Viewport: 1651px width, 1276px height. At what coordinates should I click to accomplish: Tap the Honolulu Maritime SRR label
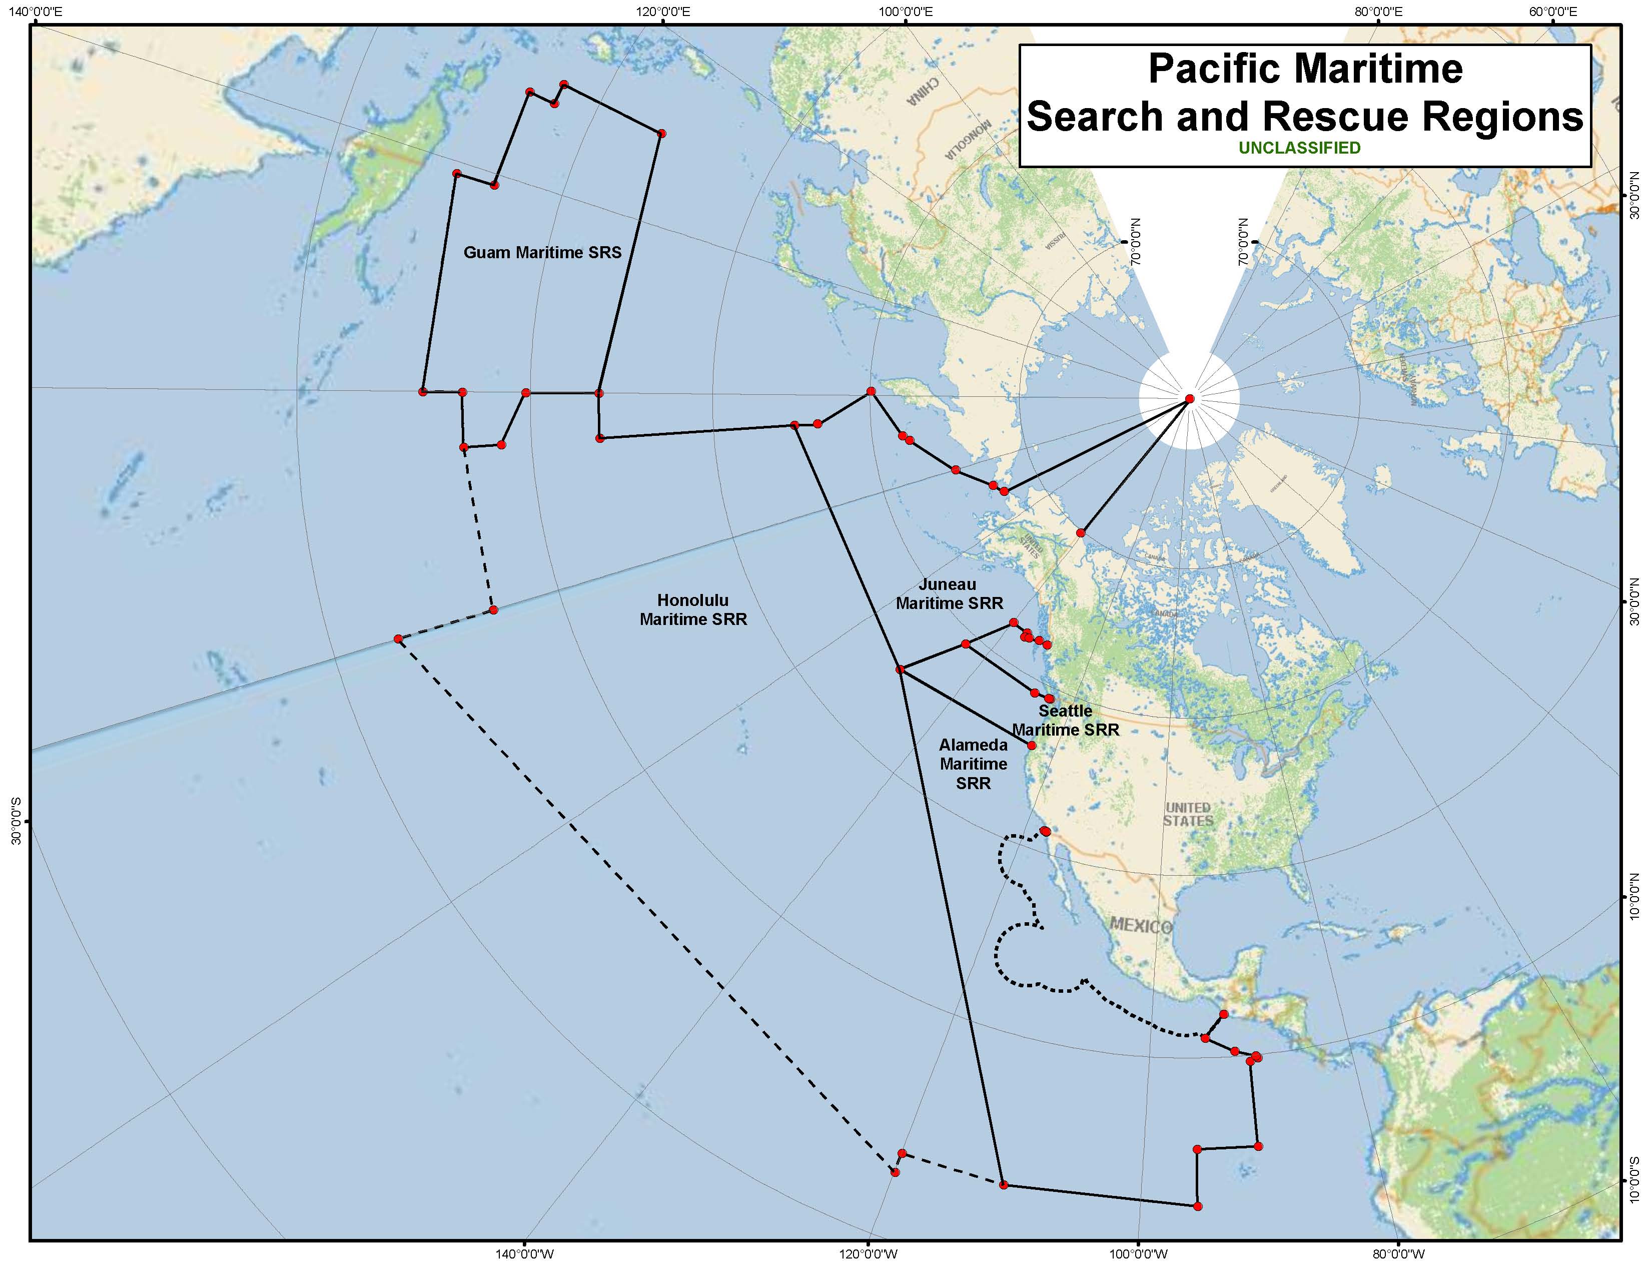click(693, 610)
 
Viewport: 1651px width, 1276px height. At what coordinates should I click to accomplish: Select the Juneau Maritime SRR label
click(949, 594)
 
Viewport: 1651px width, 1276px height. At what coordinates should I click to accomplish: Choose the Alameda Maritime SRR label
click(973, 764)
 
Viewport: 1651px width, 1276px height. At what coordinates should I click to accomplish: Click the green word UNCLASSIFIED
click(1299, 148)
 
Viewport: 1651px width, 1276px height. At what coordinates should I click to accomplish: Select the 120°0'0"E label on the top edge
click(663, 12)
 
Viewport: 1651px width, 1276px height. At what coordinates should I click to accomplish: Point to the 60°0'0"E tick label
click(1553, 12)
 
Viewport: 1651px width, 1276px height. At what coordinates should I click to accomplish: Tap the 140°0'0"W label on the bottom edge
click(525, 1254)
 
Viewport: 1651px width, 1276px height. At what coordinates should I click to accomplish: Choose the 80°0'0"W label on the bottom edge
click(1398, 1254)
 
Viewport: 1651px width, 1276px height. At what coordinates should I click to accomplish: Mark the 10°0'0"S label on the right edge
click(1634, 1181)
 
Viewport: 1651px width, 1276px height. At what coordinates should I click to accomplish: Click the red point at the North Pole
click(1189, 398)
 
